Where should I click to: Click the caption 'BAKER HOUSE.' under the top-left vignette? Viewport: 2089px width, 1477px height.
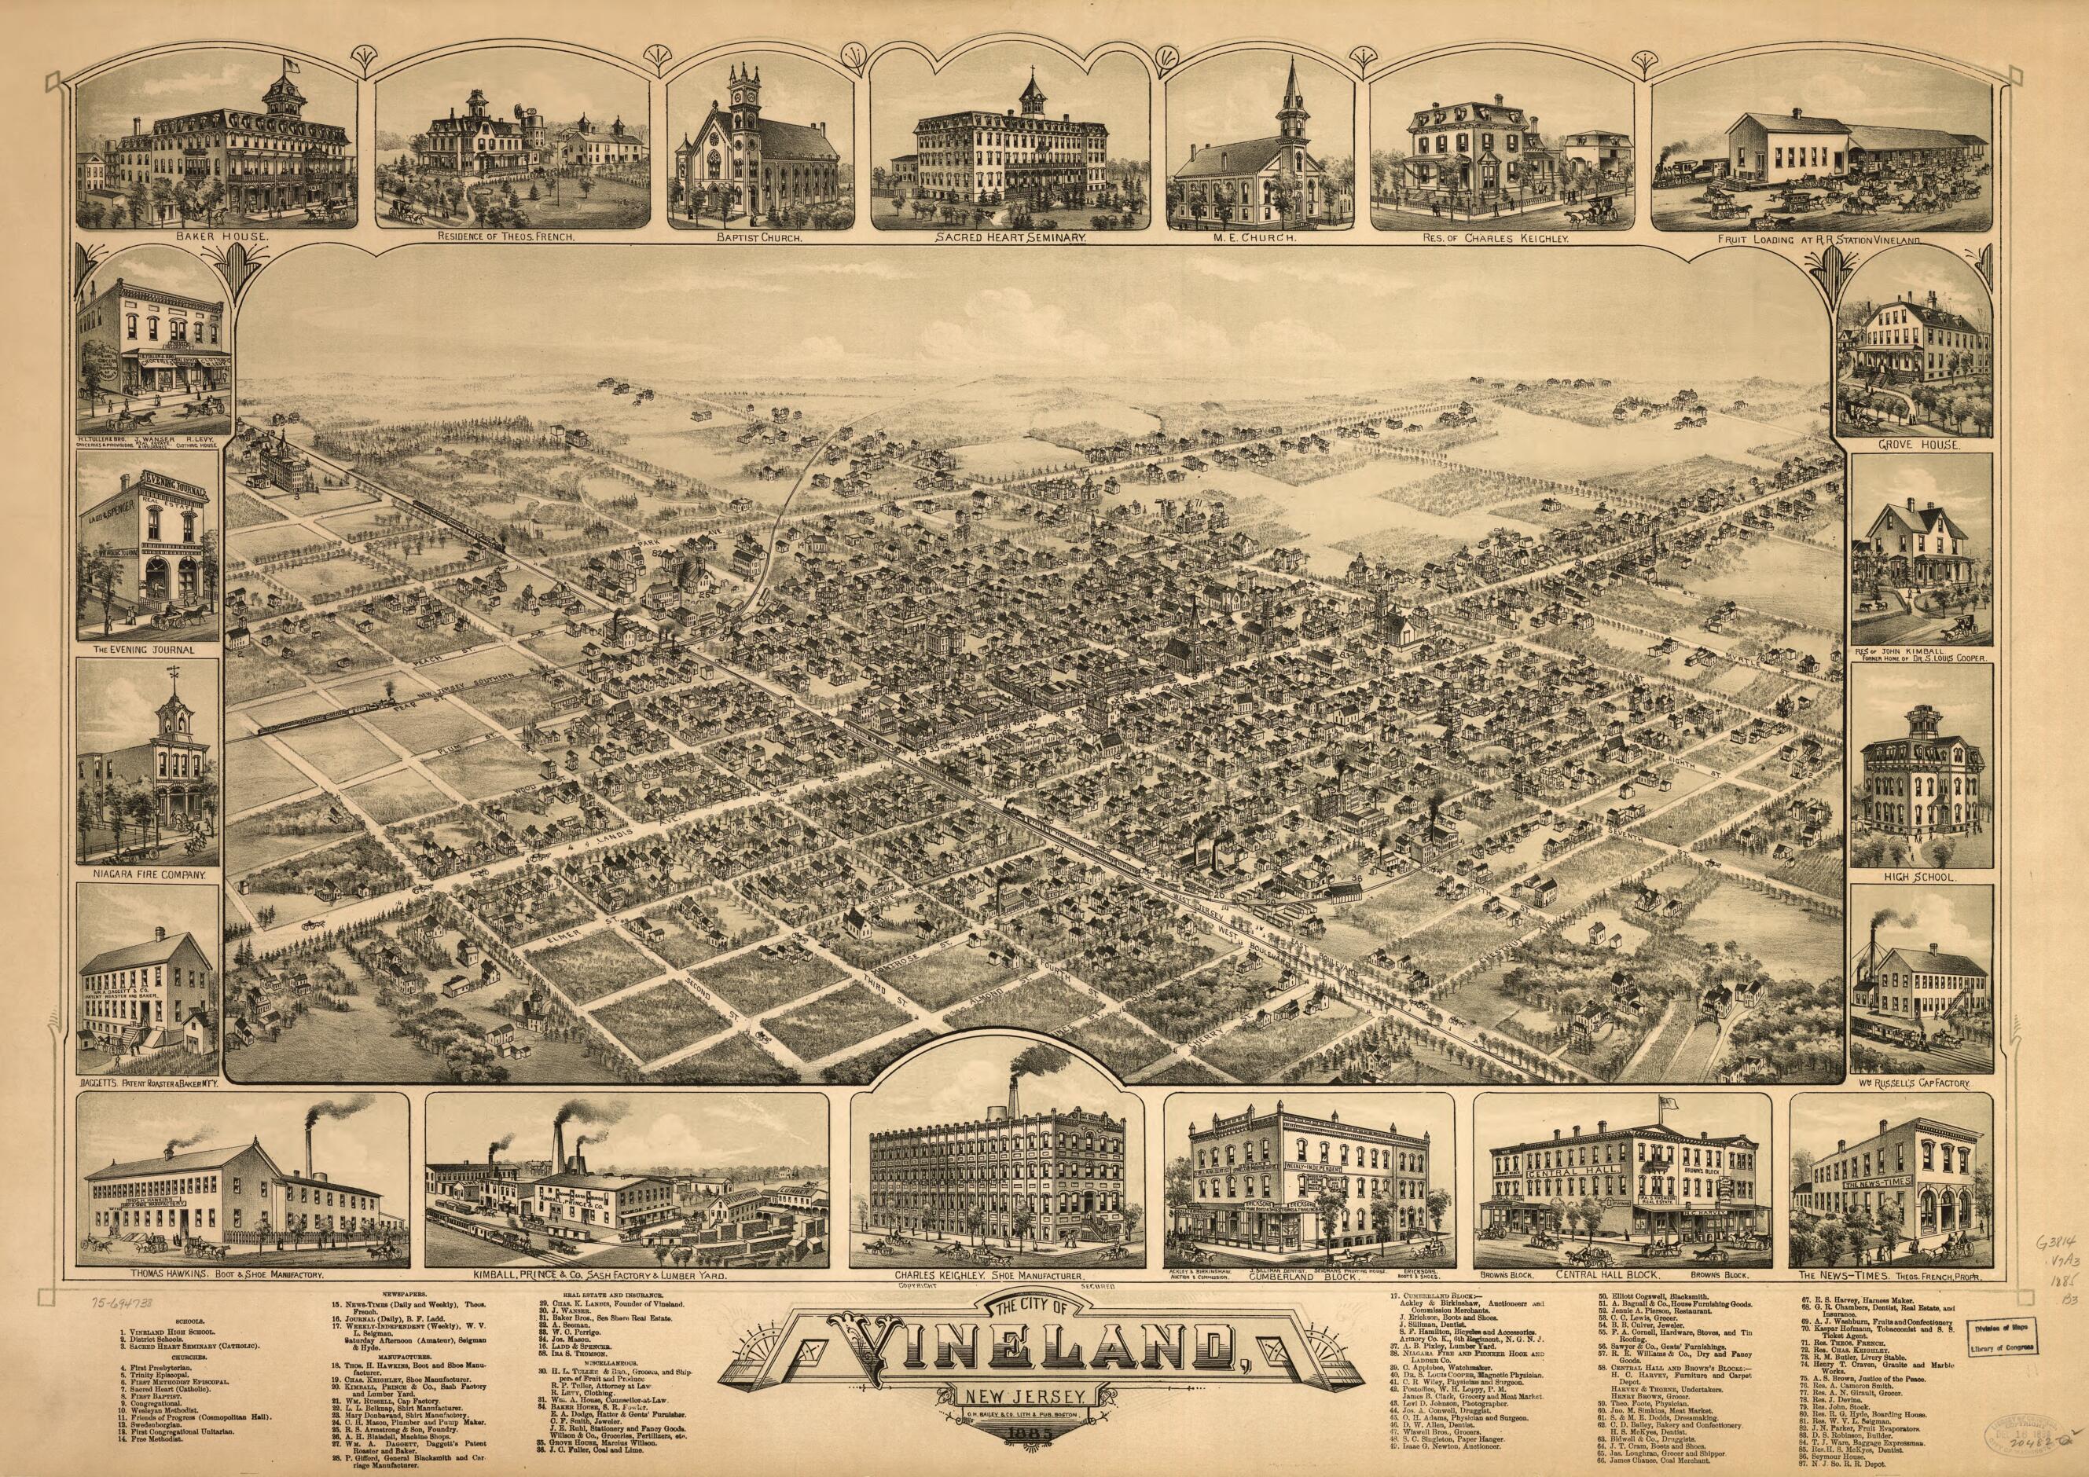(x=215, y=241)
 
